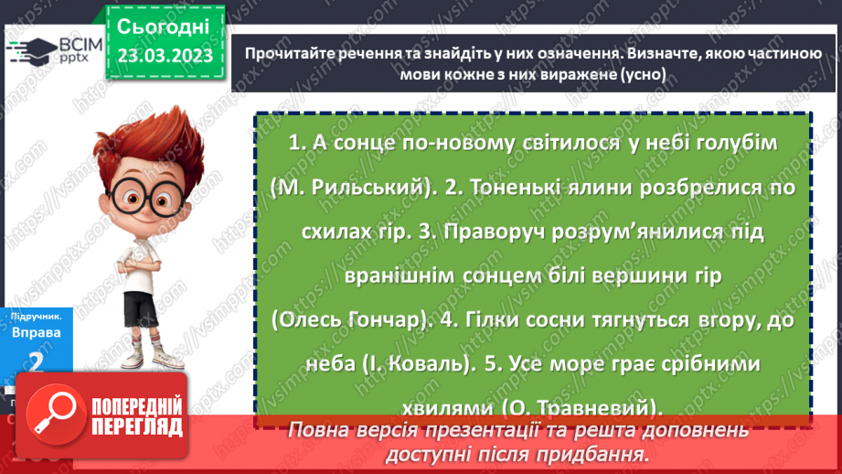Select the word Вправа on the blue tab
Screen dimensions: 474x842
click(x=37, y=332)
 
